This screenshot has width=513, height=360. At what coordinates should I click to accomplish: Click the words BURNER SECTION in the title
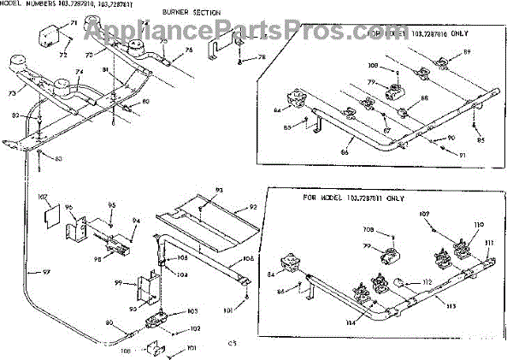point(191,14)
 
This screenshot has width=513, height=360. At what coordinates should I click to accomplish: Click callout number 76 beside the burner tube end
point(189,50)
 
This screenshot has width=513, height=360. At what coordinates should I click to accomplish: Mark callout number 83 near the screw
point(58,159)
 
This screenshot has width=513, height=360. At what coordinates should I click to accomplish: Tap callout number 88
point(425,99)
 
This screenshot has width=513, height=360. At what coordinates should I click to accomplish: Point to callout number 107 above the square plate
point(43,196)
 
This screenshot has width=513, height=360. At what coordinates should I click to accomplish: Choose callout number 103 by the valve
point(192,311)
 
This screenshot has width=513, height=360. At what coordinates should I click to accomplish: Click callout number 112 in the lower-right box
point(416,281)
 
